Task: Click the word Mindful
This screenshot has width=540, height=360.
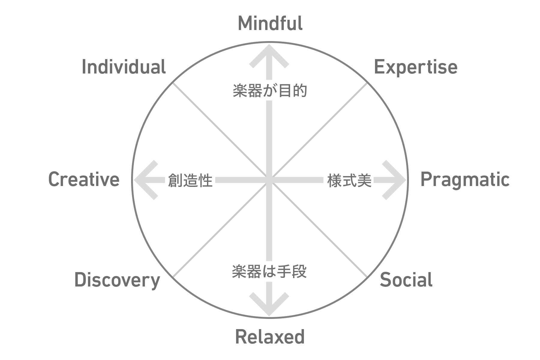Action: [270, 23]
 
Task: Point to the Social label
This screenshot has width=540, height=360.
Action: [406, 280]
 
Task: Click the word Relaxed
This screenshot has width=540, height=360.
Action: [270, 337]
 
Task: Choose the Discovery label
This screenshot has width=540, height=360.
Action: [117, 280]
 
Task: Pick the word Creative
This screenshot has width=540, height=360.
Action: [84, 180]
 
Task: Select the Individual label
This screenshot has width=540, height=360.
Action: [124, 67]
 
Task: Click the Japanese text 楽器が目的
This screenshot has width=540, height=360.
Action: [270, 91]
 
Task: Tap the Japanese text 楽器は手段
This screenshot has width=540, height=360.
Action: [269, 272]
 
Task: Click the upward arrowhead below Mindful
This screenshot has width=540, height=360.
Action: [269, 52]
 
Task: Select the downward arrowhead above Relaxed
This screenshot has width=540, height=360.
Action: [269, 307]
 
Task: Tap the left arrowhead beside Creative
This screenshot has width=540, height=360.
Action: [142, 180]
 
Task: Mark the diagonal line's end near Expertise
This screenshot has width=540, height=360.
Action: [367, 83]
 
